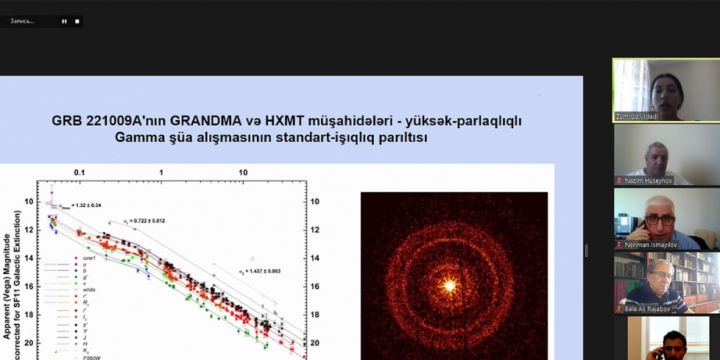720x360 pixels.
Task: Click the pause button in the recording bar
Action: pos(64,20)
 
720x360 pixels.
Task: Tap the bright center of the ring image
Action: pos(449,286)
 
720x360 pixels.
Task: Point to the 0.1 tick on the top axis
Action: pos(79,172)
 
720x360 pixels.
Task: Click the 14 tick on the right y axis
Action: pos(317,257)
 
